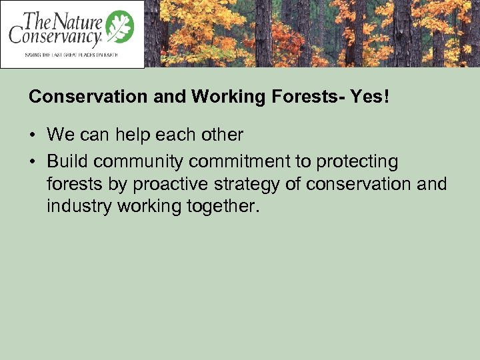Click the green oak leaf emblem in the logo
coord(121,28)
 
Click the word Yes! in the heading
coord(370,97)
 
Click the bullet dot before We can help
coord(33,135)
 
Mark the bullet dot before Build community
coord(33,162)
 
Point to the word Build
coord(68,162)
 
